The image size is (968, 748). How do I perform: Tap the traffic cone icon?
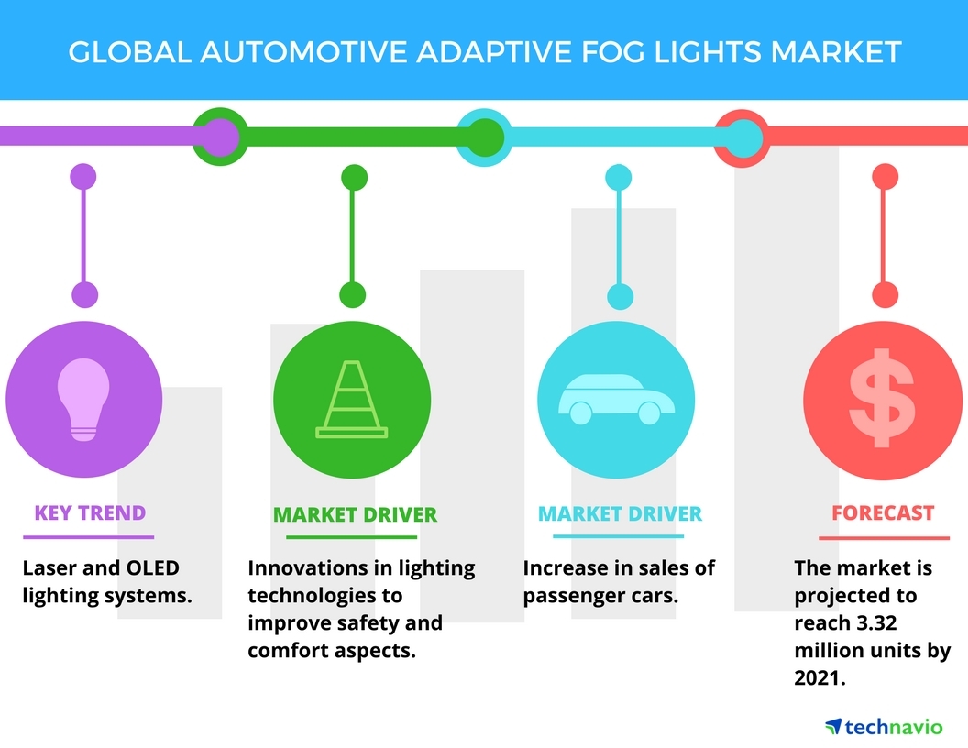352,398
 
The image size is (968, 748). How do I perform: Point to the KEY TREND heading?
90,512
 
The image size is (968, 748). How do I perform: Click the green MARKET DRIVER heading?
355,514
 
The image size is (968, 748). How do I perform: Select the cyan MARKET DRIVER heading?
620,513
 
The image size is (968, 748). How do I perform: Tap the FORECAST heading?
883,513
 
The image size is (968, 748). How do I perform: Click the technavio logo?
883,727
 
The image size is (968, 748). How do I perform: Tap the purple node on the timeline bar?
217,137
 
